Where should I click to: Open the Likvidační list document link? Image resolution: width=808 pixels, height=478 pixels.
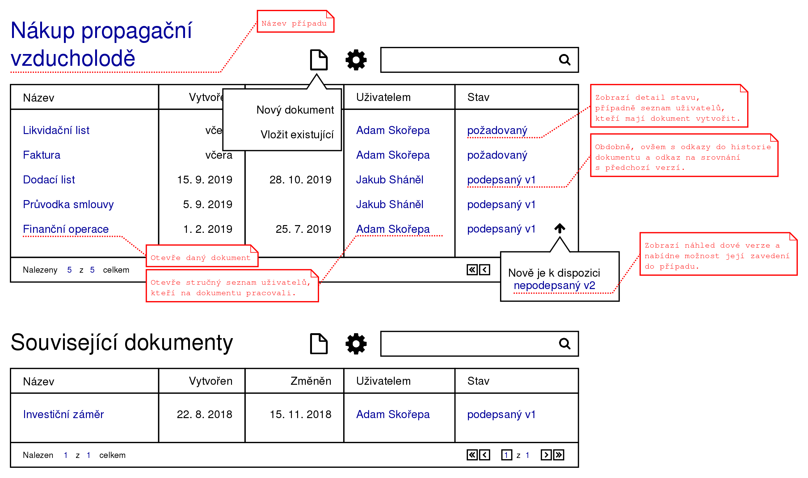tap(56, 130)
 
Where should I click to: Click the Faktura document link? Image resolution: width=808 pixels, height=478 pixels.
tap(42, 155)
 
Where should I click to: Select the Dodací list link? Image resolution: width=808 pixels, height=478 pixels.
tap(49, 180)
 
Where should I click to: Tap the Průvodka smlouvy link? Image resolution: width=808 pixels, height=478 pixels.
tap(68, 204)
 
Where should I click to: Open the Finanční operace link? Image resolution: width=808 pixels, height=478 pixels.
tap(66, 229)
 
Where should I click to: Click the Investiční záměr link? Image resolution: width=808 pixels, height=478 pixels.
tap(63, 415)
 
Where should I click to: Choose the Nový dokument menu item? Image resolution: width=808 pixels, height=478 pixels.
tap(295, 110)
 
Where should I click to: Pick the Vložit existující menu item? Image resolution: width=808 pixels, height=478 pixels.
tap(297, 135)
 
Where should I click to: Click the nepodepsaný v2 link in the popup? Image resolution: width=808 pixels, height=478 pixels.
tap(554, 285)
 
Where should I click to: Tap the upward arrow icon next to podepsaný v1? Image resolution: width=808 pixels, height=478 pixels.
tap(560, 229)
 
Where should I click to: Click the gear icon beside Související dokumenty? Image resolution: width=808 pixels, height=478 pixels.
tap(356, 344)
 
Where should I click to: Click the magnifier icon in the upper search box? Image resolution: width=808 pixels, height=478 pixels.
tap(565, 60)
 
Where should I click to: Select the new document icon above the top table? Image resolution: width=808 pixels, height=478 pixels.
tap(319, 60)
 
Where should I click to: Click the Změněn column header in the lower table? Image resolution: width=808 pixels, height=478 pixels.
tap(311, 381)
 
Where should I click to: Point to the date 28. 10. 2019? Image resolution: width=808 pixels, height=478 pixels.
tap(300, 180)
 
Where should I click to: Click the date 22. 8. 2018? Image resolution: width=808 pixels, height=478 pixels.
tap(204, 415)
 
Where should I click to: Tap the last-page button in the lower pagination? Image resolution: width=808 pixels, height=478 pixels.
tap(559, 455)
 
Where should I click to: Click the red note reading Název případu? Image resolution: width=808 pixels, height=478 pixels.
tap(295, 21)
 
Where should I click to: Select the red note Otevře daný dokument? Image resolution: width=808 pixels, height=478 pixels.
tap(202, 256)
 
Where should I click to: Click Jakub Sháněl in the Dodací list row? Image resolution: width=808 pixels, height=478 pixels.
tap(389, 180)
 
